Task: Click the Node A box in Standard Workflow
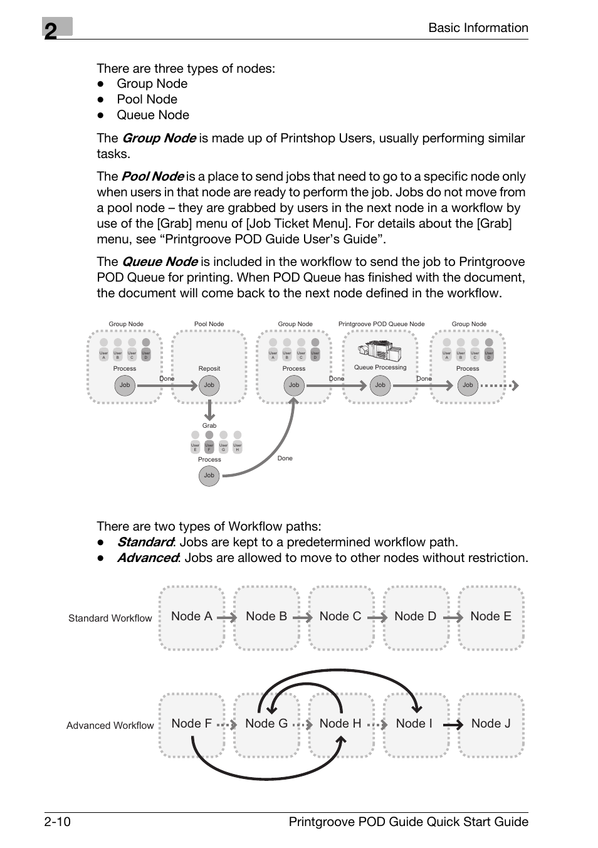tap(191, 617)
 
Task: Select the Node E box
tap(491, 617)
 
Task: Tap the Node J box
tap(491, 724)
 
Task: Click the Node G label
tap(266, 724)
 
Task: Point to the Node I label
tap(414, 724)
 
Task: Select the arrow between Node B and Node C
tap(302, 617)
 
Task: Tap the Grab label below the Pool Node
tap(209, 425)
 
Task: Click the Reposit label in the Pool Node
tap(209, 369)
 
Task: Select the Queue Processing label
tap(380, 368)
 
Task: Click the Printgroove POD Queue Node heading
tap(381, 324)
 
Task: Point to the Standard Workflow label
tap(110, 618)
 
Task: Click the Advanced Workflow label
tap(110, 726)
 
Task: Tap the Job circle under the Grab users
tap(209, 475)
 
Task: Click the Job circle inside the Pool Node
tap(209, 385)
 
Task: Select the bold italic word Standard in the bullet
tap(145, 542)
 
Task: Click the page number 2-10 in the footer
tap(57, 822)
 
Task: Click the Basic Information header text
tap(478, 28)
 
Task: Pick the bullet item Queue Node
tap(152, 115)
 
